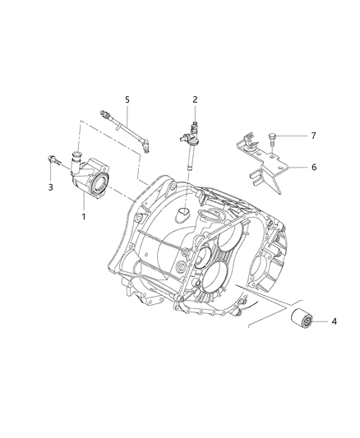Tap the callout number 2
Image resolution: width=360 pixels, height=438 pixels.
tap(195, 100)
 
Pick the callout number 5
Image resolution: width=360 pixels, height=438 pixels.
tap(127, 100)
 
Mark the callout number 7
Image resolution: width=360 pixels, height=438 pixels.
tap(312, 136)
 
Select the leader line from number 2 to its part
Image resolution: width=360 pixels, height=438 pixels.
tap(195, 113)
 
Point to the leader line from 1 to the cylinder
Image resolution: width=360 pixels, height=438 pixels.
tap(85, 206)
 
